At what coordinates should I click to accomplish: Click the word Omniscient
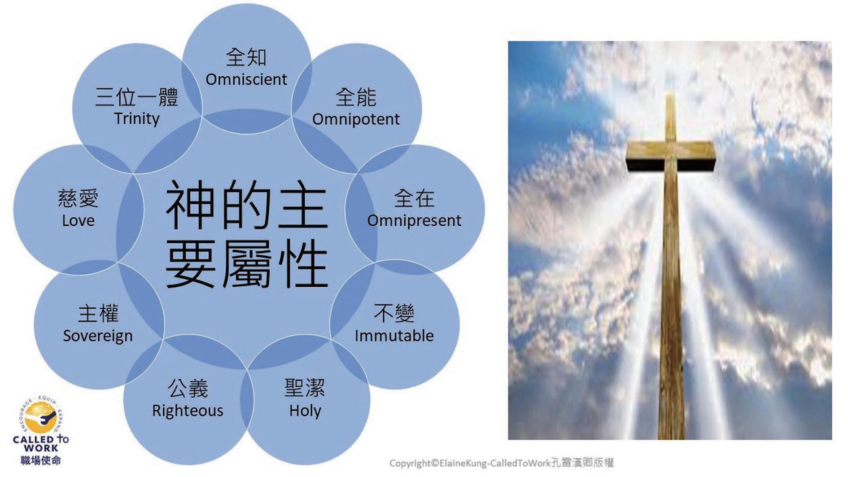[x=246, y=79]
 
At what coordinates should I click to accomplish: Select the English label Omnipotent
[x=356, y=119]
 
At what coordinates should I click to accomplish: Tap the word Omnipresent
[x=414, y=221]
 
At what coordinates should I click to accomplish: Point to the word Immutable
[x=394, y=336]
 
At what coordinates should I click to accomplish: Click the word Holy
[x=305, y=411]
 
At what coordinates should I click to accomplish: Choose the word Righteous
[x=188, y=411]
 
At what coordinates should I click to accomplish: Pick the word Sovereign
[x=98, y=336]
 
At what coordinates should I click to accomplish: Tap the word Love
[x=78, y=221]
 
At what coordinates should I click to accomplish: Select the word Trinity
[x=137, y=119]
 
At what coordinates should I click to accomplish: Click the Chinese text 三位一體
[x=137, y=97]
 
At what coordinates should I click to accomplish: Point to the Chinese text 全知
[x=246, y=57]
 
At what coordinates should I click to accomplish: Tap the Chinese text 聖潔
[x=305, y=388]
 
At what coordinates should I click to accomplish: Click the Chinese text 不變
[x=394, y=313]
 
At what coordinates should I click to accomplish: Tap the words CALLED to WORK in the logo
[x=41, y=443]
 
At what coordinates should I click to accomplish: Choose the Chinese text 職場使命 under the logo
[x=41, y=460]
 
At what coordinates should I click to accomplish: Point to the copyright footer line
[x=501, y=463]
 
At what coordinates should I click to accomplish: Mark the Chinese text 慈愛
[x=78, y=198]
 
